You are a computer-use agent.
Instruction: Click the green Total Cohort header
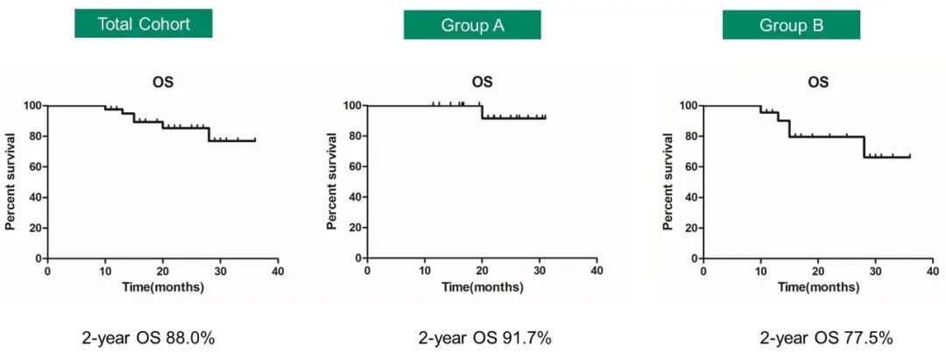(144, 25)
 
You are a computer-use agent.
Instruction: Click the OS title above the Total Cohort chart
(162, 82)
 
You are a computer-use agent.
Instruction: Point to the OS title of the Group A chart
(482, 82)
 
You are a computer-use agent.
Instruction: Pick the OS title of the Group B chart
(818, 82)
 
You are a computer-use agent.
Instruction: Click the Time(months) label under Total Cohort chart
(162, 286)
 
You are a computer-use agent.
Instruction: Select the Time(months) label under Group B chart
(818, 286)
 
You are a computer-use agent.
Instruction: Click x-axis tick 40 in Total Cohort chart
(278, 271)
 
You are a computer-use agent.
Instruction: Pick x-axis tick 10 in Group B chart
(760, 271)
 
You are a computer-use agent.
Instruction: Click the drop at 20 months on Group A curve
(482, 111)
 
